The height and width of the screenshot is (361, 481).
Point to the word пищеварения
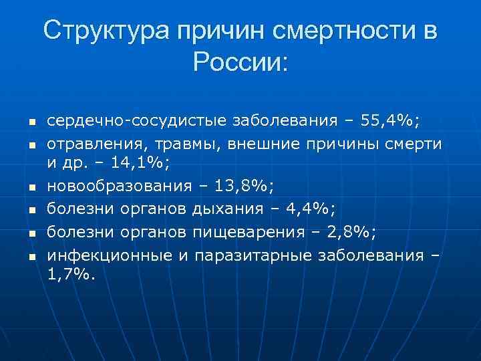coord(245,231)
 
